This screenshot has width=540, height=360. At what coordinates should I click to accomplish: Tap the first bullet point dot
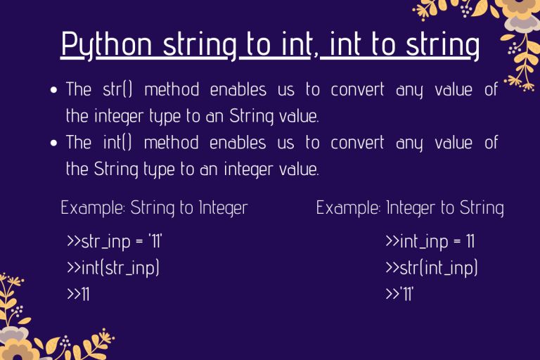coord(54,91)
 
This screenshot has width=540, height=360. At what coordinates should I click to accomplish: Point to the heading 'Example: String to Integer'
coord(154,207)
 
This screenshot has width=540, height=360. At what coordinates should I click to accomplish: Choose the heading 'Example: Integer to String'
coord(410,207)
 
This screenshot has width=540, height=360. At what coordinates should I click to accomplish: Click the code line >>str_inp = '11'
coord(115,243)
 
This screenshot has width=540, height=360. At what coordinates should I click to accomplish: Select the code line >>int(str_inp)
coord(112,269)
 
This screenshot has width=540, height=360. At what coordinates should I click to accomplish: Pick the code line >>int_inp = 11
coord(430,243)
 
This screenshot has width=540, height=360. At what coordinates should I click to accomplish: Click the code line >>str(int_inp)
coord(432,269)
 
